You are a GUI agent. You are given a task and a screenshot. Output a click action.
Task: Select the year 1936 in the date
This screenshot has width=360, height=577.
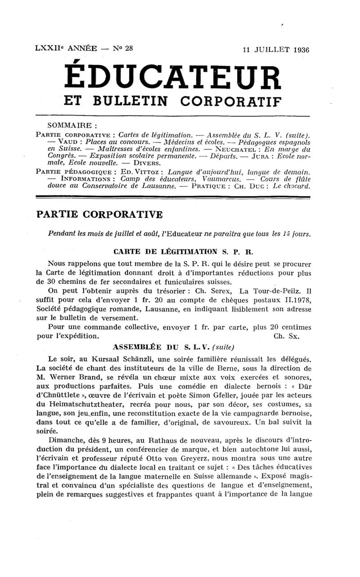(x=298, y=50)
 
